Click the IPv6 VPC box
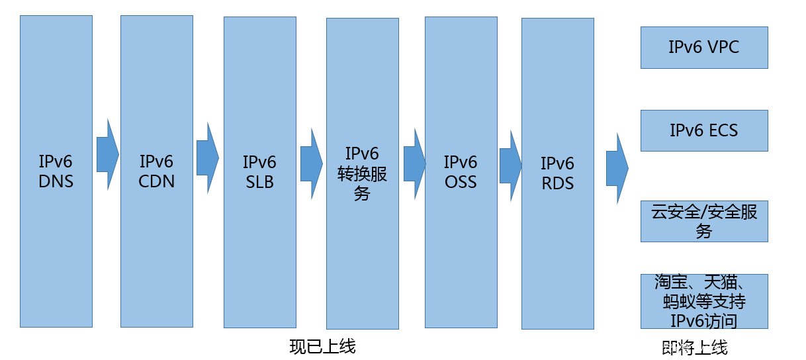pos(704,48)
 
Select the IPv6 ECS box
pos(704,130)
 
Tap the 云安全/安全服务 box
pos(704,222)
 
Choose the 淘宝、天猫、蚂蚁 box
pos(704,301)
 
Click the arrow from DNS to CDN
pos(107,156)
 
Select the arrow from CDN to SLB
pos(207,157)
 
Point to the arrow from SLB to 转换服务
pos(310,163)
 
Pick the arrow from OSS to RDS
pos(510,165)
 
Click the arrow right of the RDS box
pos(616,169)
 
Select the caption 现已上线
pos(322,346)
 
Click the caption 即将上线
pos(694,347)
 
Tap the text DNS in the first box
pos(56,181)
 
